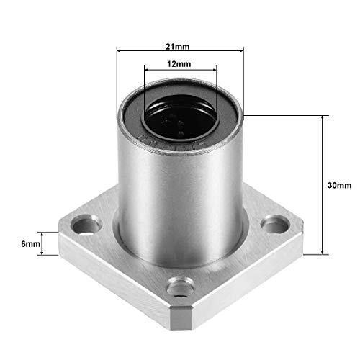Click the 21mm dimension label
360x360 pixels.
(x=178, y=46)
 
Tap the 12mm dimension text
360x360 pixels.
(x=179, y=64)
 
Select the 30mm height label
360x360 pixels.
(x=339, y=185)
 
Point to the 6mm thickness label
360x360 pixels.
(x=30, y=244)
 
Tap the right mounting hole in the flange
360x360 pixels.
(x=275, y=225)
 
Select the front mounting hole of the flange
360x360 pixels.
(x=181, y=287)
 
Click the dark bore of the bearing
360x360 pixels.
(x=181, y=117)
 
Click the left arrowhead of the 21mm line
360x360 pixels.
(x=120, y=50)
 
